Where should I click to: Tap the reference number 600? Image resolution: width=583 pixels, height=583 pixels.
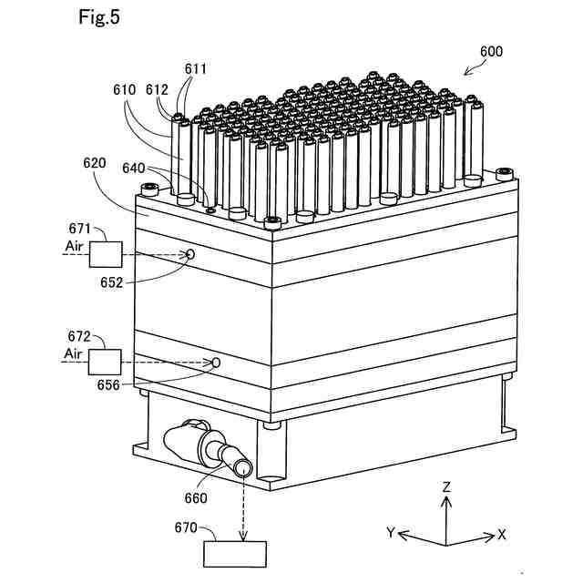(x=491, y=52)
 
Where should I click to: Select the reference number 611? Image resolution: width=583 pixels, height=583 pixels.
(x=196, y=69)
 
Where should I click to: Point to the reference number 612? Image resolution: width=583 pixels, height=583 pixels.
(x=157, y=90)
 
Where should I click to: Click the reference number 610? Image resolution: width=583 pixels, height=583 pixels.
(x=126, y=90)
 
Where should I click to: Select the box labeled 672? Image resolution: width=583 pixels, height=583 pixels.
(x=105, y=362)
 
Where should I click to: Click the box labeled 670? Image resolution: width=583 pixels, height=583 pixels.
(x=235, y=553)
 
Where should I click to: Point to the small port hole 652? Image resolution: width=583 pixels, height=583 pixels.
(x=190, y=254)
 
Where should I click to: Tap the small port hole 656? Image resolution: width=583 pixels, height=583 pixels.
(x=216, y=363)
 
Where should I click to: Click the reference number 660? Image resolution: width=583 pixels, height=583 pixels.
(x=196, y=497)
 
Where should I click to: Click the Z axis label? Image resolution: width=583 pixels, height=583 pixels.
(x=446, y=487)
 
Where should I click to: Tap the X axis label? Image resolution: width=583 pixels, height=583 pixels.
(x=502, y=534)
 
